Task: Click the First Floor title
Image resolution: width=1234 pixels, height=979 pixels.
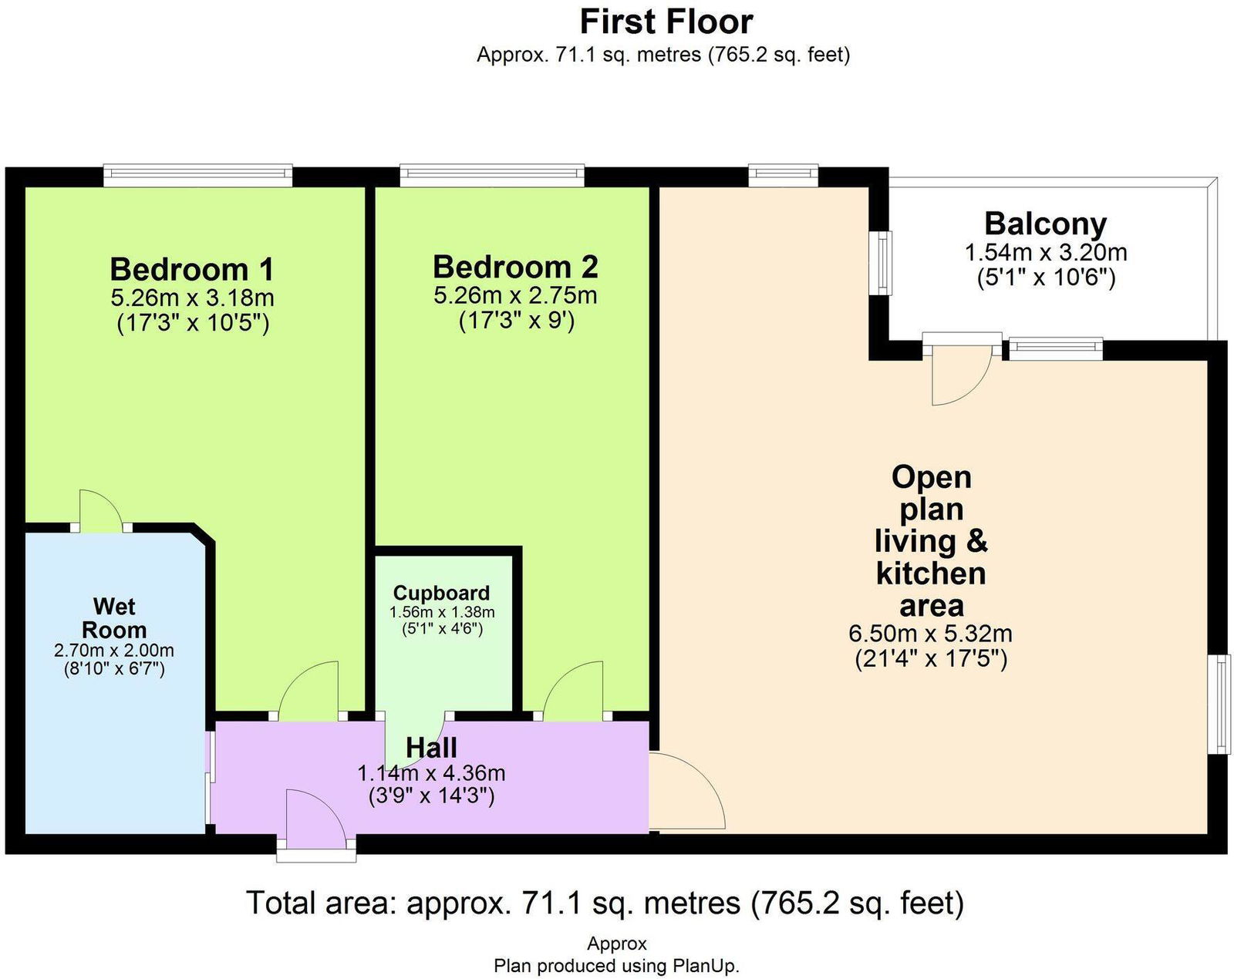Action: (x=666, y=23)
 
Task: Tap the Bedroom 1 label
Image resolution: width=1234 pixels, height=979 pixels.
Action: (x=192, y=269)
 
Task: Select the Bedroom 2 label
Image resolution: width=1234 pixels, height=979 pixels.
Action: (x=515, y=267)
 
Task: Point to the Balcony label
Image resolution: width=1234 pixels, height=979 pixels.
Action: (x=1045, y=224)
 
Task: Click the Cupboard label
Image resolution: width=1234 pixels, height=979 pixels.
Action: (x=441, y=593)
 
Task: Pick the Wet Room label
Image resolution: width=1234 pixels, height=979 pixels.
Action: (x=114, y=618)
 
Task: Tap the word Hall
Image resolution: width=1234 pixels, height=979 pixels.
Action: (x=431, y=748)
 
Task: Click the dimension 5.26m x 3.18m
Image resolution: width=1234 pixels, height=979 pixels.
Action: (x=192, y=298)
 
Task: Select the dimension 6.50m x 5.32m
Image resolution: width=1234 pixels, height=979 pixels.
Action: (x=930, y=634)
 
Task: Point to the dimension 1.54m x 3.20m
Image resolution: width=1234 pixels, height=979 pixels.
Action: (x=1046, y=252)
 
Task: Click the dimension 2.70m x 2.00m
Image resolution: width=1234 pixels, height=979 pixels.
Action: (x=114, y=651)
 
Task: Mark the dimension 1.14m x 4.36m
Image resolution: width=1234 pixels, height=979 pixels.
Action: (x=431, y=773)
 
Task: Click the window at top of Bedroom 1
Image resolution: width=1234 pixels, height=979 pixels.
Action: (x=198, y=176)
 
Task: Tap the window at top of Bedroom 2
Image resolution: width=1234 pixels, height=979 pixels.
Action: (x=492, y=176)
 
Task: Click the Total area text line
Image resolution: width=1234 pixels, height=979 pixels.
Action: (x=605, y=903)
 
